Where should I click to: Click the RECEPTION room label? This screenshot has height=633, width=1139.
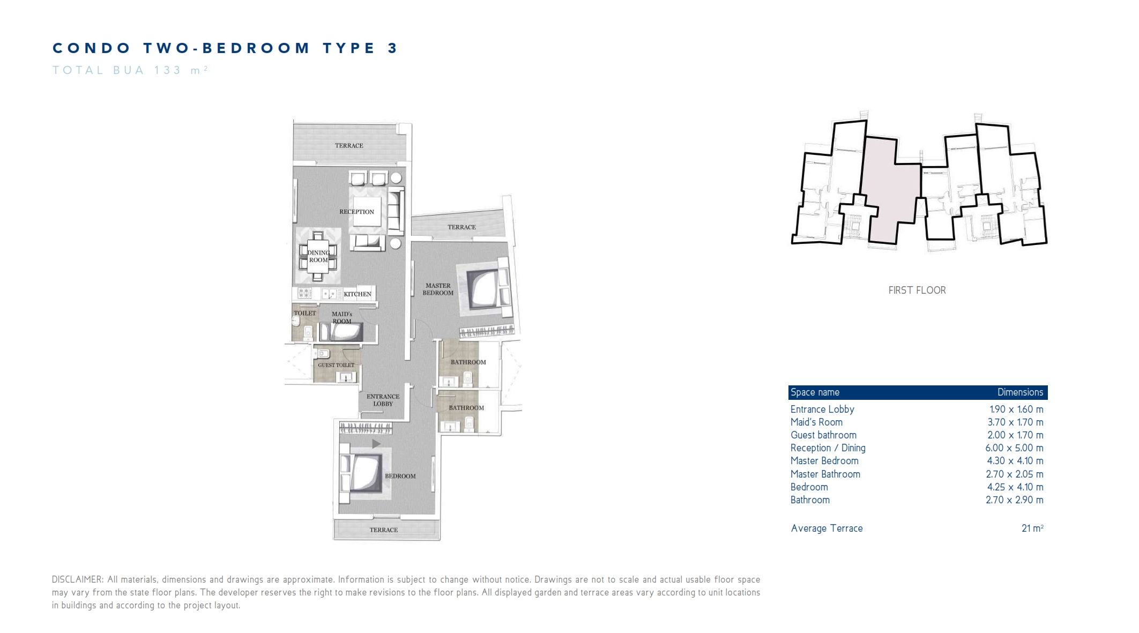(356, 212)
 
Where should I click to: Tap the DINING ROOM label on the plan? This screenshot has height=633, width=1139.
(318, 256)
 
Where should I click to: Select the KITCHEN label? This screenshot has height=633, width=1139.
(358, 294)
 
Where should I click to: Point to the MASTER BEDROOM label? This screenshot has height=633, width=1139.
(438, 289)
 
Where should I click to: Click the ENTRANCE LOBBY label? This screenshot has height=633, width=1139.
(383, 400)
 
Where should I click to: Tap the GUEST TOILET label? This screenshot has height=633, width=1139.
(336, 365)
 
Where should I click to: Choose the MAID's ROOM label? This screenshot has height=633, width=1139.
(342, 318)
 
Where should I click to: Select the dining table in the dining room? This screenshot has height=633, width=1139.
(318, 256)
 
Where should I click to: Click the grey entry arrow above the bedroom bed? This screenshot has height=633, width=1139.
(376, 444)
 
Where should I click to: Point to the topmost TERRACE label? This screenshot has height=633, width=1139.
(349, 146)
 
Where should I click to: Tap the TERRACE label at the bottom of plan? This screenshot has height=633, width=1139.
(384, 530)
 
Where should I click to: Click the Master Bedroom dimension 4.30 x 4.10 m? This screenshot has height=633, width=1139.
(1015, 461)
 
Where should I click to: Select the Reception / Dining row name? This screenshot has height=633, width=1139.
(828, 448)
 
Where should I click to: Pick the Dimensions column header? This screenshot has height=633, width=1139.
(1020, 392)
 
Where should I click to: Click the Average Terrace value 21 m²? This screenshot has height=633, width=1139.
(1032, 528)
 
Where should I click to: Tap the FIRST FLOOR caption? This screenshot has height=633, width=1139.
(917, 291)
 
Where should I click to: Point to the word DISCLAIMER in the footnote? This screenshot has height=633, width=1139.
(77, 579)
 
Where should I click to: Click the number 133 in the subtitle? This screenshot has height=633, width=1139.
(168, 70)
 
